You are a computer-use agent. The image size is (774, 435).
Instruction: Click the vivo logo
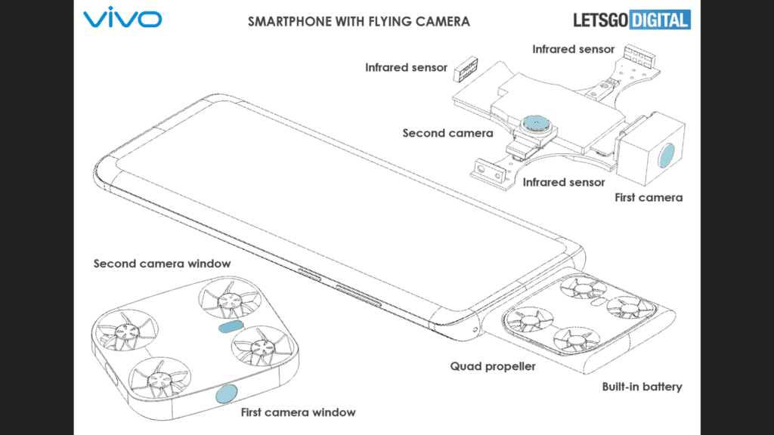click(x=122, y=19)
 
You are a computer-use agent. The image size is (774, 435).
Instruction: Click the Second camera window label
click(x=162, y=264)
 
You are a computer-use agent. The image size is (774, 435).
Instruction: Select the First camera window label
click(x=298, y=412)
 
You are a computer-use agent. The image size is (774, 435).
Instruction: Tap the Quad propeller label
click(x=493, y=366)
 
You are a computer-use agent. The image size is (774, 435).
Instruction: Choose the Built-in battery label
click(x=642, y=387)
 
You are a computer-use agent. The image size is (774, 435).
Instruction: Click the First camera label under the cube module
click(x=648, y=198)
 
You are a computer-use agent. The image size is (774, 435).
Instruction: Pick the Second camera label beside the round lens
click(x=447, y=134)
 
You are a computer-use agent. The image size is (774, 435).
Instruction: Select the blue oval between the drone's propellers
click(x=229, y=327)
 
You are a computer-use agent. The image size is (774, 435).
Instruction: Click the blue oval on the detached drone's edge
click(x=225, y=393)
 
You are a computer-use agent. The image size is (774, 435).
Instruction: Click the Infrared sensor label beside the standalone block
click(x=406, y=68)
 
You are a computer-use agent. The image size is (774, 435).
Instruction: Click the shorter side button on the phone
click(x=310, y=272)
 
